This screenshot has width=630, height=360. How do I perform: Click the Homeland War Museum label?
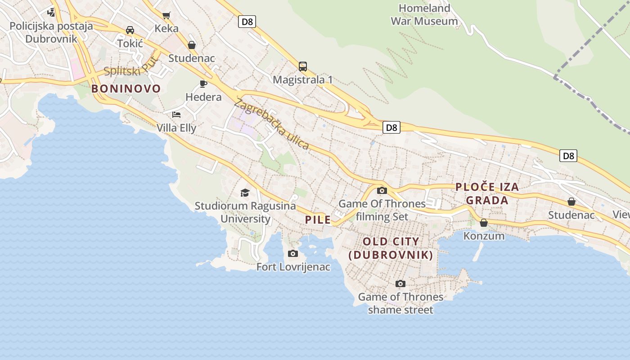[x=424, y=14]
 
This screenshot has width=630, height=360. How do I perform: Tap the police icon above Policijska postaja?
[x=51, y=12]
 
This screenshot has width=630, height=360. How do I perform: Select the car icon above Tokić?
[x=130, y=30]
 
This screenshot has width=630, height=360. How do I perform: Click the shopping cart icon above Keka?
[x=166, y=15]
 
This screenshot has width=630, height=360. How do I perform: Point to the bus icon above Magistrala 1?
[x=303, y=67]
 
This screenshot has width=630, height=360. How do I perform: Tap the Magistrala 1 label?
[x=303, y=80]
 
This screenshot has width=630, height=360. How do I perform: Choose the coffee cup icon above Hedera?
[x=203, y=84]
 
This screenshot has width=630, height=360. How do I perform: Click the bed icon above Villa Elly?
[x=176, y=114]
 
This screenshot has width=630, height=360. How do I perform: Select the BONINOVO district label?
[x=126, y=89]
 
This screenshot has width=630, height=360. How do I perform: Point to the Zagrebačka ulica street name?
[x=272, y=124]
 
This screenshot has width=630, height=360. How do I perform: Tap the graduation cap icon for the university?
[x=245, y=193]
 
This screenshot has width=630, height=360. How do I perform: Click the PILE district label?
[x=318, y=220]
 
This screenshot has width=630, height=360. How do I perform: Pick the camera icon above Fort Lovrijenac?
[x=293, y=254]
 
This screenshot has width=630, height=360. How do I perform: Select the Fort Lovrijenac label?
[x=293, y=267]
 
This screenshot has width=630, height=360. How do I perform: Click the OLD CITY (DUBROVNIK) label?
[x=391, y=248]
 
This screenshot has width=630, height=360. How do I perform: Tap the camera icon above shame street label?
[x=400, y=283]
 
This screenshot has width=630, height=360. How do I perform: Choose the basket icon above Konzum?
[x=484, y=223]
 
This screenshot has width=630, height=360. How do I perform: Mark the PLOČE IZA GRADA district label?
[x=487, y=193]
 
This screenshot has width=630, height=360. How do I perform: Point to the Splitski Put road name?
[x=131, y=67]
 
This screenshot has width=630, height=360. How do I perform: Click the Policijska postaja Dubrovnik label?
[x=51, y=32]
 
